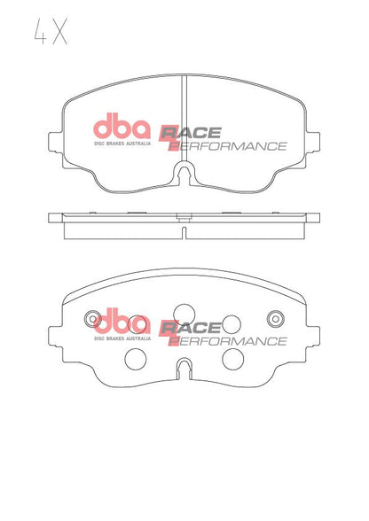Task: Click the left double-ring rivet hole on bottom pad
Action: (90, 319)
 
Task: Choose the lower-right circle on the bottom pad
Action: (232, 358)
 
